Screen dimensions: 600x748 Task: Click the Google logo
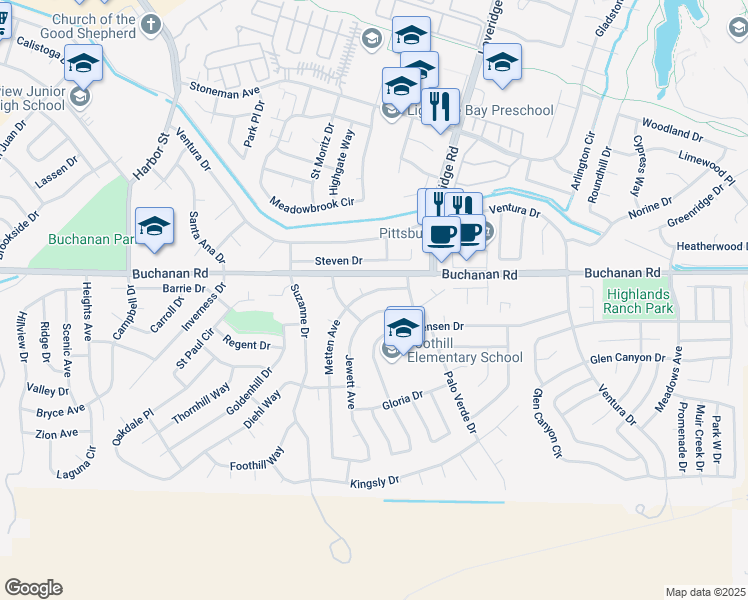[33, 588]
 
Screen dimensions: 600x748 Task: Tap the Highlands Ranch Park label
[639, 301]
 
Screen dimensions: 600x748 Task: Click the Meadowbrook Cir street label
[312, 203]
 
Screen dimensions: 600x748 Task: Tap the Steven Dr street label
[337, 261]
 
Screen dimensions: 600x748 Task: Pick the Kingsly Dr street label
[374, 483]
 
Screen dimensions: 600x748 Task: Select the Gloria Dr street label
[403, 401]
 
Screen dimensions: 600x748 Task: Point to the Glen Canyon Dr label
[627, 358]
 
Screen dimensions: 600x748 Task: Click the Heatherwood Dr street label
[709, 246]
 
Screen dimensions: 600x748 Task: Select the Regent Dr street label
[247, 345]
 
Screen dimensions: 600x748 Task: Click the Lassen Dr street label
[56, 180]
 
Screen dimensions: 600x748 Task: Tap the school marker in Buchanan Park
[154, 227]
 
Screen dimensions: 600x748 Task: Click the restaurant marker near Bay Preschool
[440, 105]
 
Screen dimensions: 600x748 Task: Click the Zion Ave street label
[56, 434]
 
